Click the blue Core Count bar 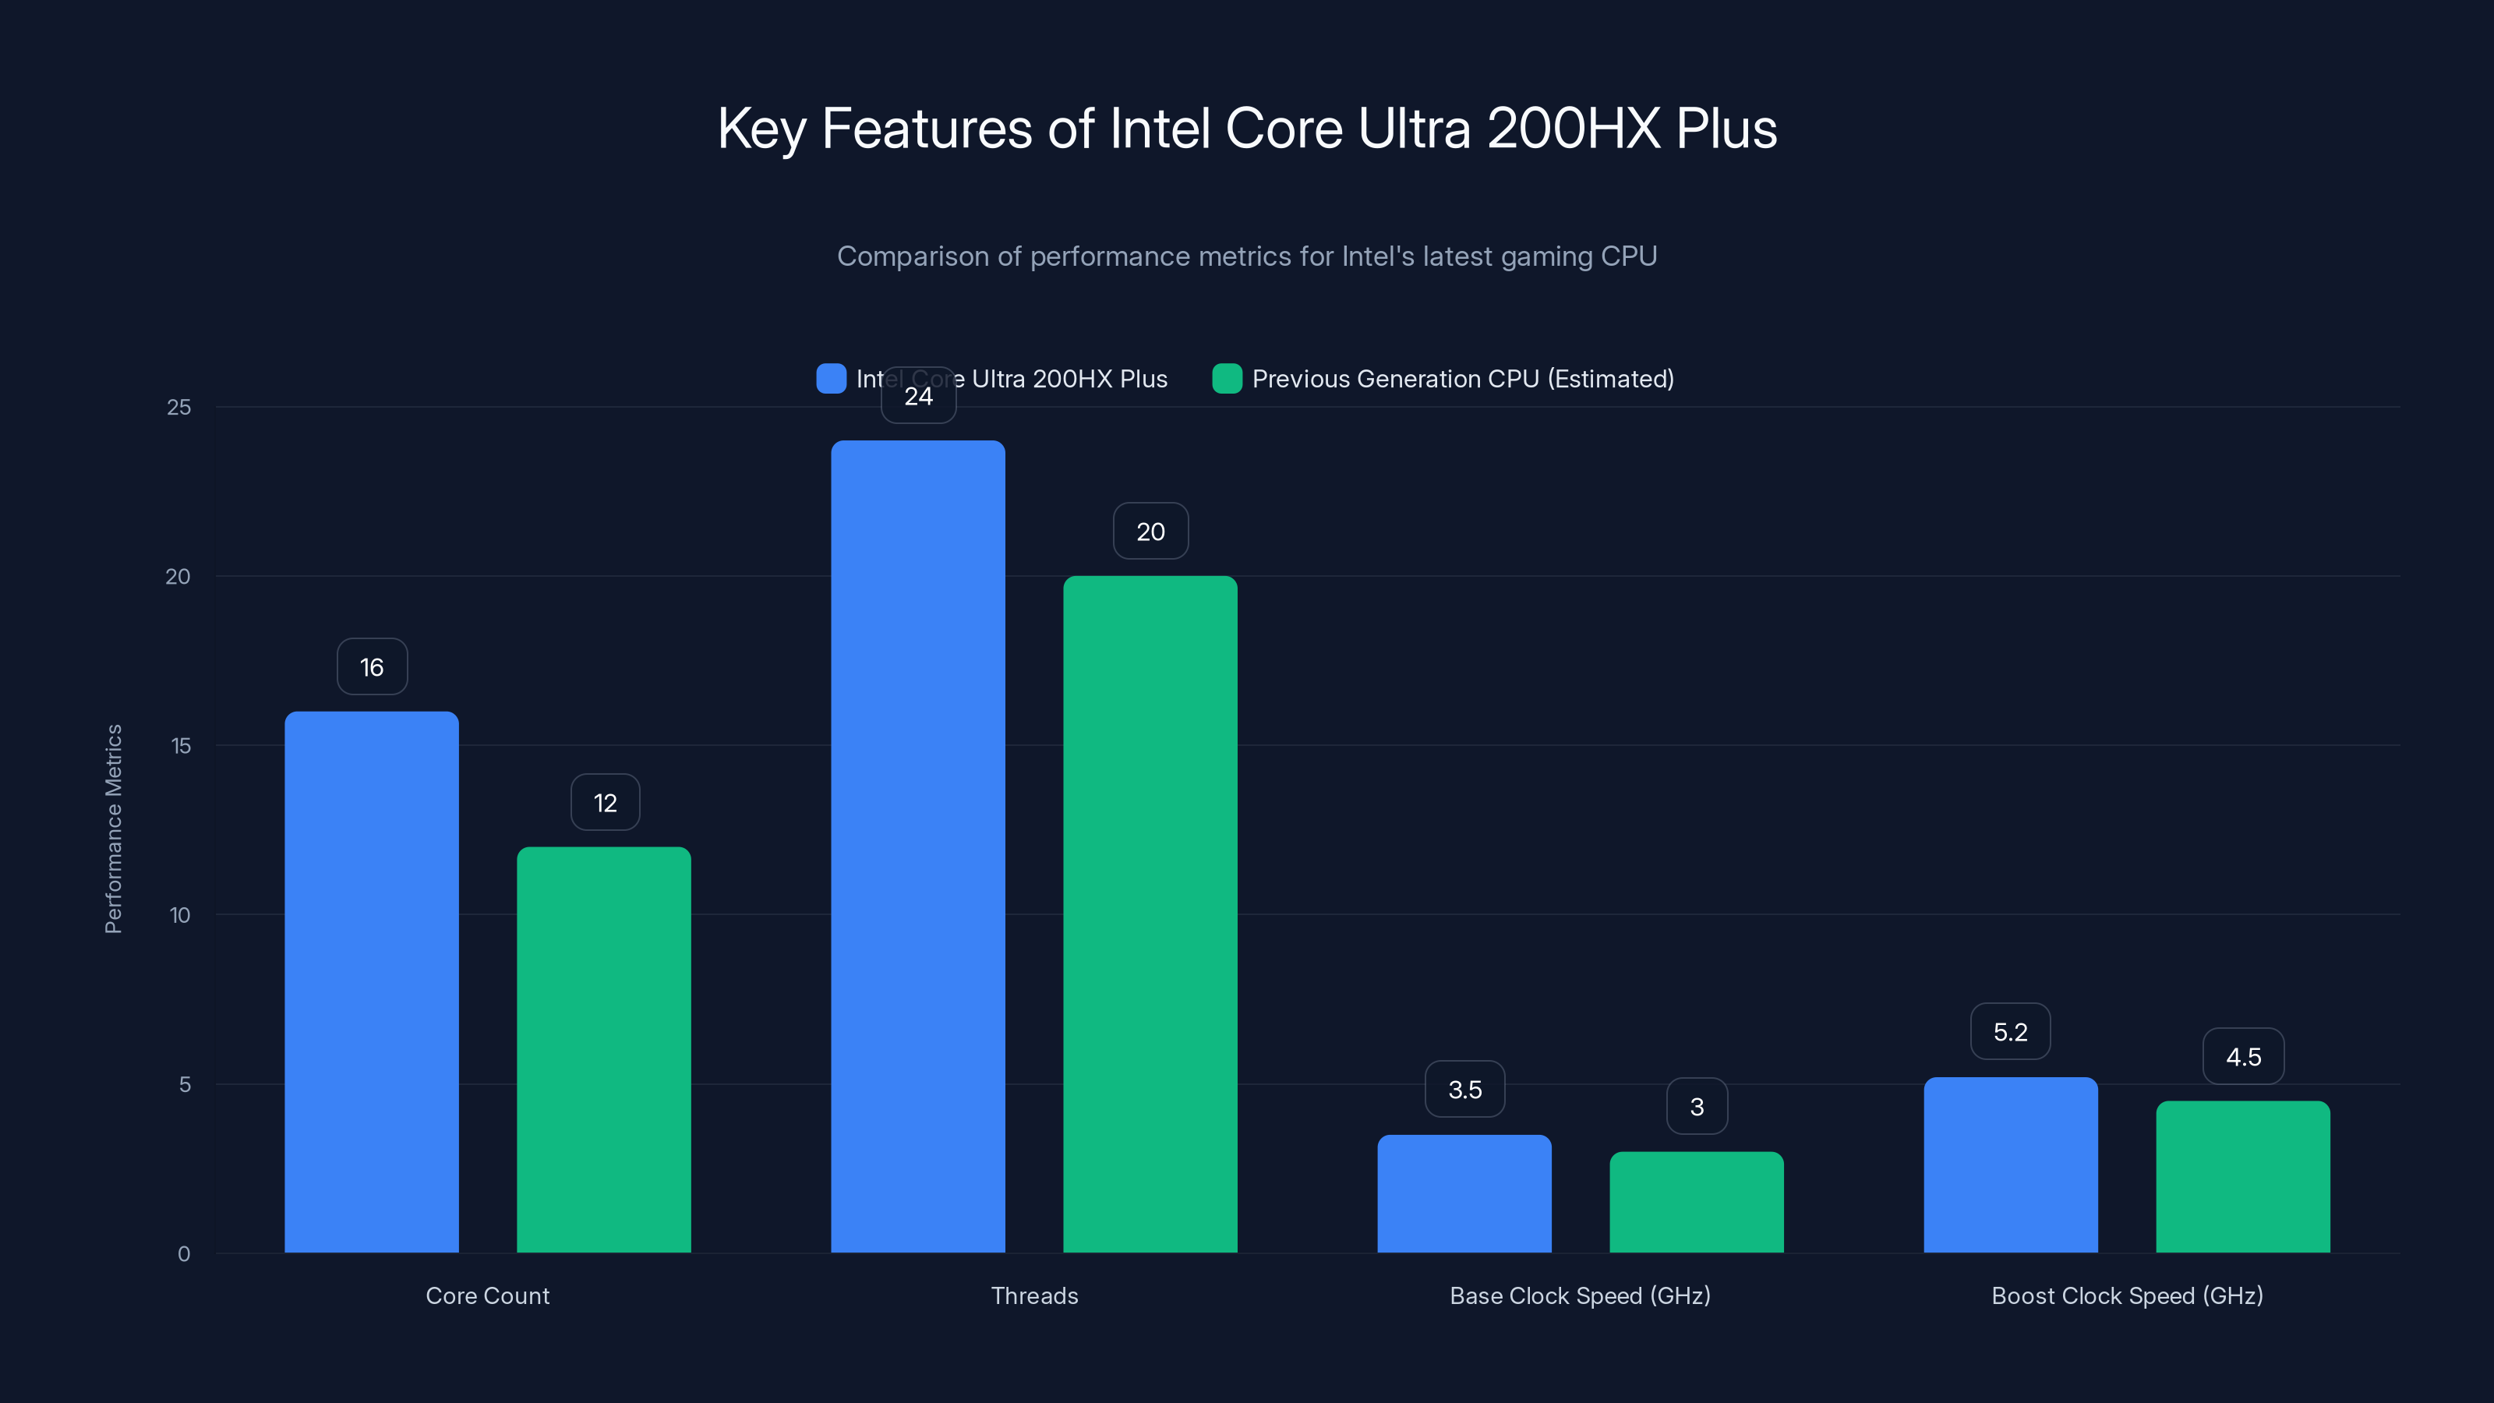(x=371, y=982)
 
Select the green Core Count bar (x=603, y=1050)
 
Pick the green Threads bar (x=1150, y=914)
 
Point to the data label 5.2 (x=2010, y=1032)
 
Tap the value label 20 (x=1150, y=532)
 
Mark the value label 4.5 (x=2242, y=1056)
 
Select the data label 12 (x=604, y=803)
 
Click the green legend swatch (x=1227, y=379)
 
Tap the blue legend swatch (x=831, y=379)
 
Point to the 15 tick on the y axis (x=180, y=746)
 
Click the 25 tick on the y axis (x=179, y=408)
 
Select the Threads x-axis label (x=1034, y=1295)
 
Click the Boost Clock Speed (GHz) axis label (x=2126, y=1295)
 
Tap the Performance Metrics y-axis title (x=113, y=829)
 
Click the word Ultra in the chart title (x=1414, y=129)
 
